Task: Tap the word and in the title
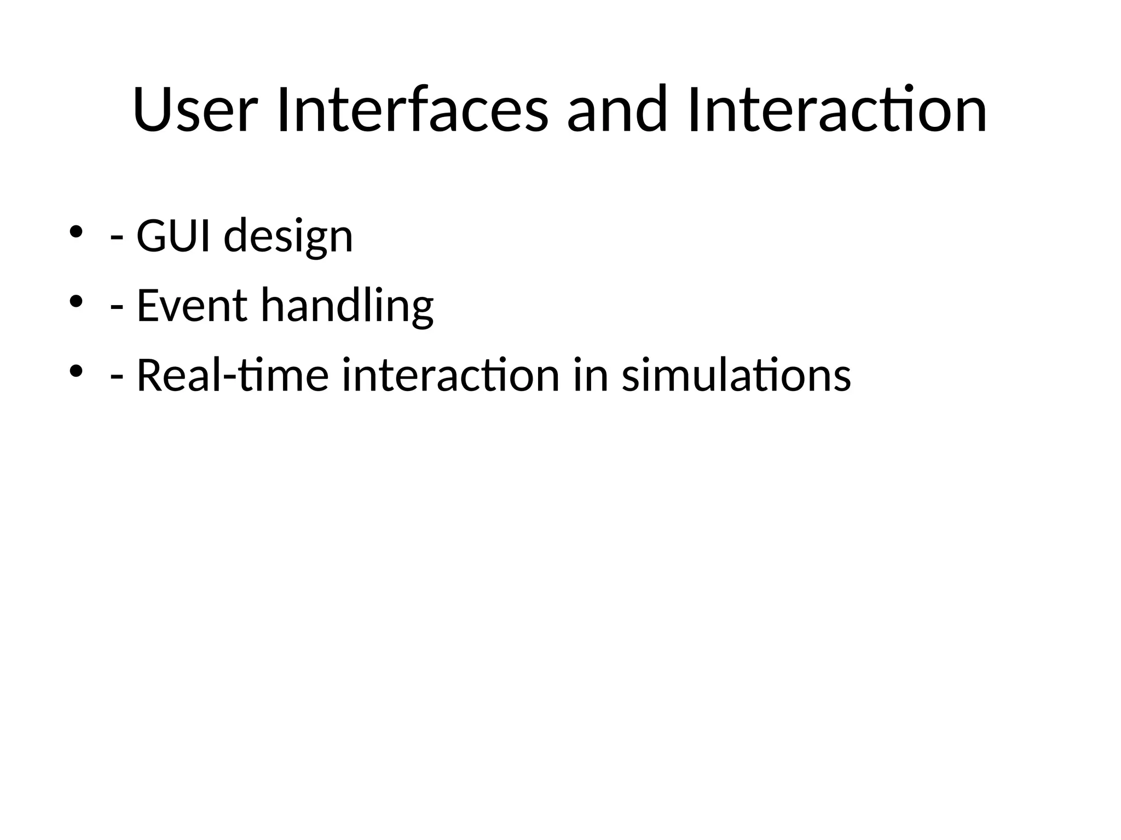click(x=617, y=109)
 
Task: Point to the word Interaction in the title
click(x=837, y=109)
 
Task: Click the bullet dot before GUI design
click(x=76, y=231)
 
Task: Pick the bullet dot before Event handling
click(x=76, y=301)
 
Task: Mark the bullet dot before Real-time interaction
click(x=76, y=371)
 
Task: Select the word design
click(x=288, y=236)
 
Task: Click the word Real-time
click(x=233, y=375)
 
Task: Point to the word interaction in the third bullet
click(x=450, y=375)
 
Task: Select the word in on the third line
click(x=591, y=375)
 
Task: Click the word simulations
click(x=736, y=375)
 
